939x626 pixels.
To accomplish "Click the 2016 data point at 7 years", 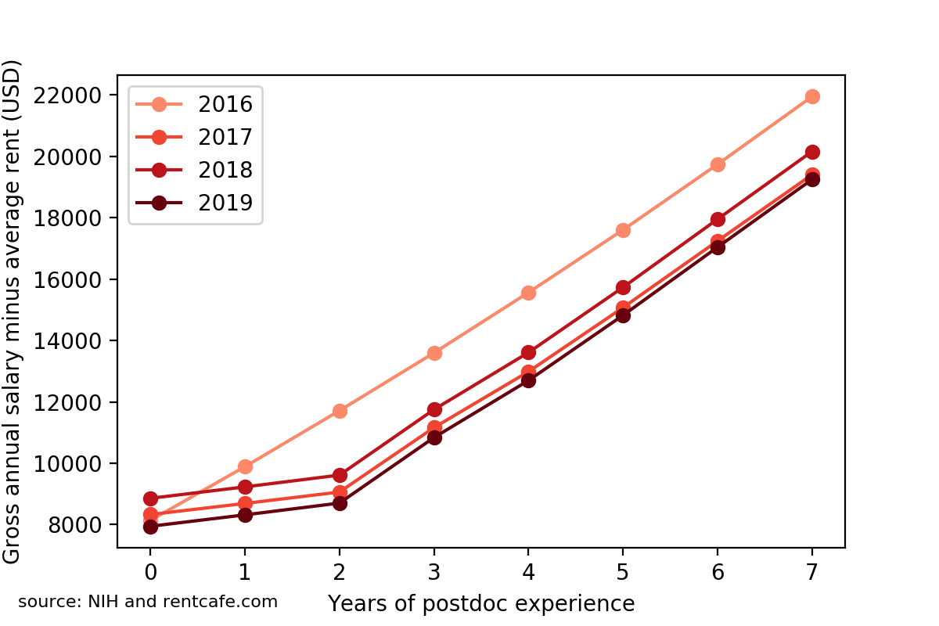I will point(812,96).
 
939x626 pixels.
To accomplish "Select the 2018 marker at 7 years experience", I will point(812,152).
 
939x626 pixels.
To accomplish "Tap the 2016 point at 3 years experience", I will point(434,353).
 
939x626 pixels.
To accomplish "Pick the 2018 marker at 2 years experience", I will point(340,475).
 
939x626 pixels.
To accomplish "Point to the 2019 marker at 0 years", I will point(150,527).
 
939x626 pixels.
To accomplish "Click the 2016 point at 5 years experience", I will point(623,230).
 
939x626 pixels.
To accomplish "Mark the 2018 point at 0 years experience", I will point(150,498).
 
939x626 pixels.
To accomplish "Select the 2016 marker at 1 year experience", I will point(245,467).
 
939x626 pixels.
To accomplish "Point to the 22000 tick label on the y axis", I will point(69,95).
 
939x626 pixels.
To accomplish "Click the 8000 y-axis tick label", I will point(75,525).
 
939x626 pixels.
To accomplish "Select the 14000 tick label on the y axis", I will point(69,341).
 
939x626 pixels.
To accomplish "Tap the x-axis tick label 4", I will point(528,573).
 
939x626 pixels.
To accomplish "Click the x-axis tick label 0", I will point(150,573).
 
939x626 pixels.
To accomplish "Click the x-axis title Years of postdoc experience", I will point(480,603).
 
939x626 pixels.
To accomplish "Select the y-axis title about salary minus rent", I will point(13,311).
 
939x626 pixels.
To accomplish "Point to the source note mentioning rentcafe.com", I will point(148,602).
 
